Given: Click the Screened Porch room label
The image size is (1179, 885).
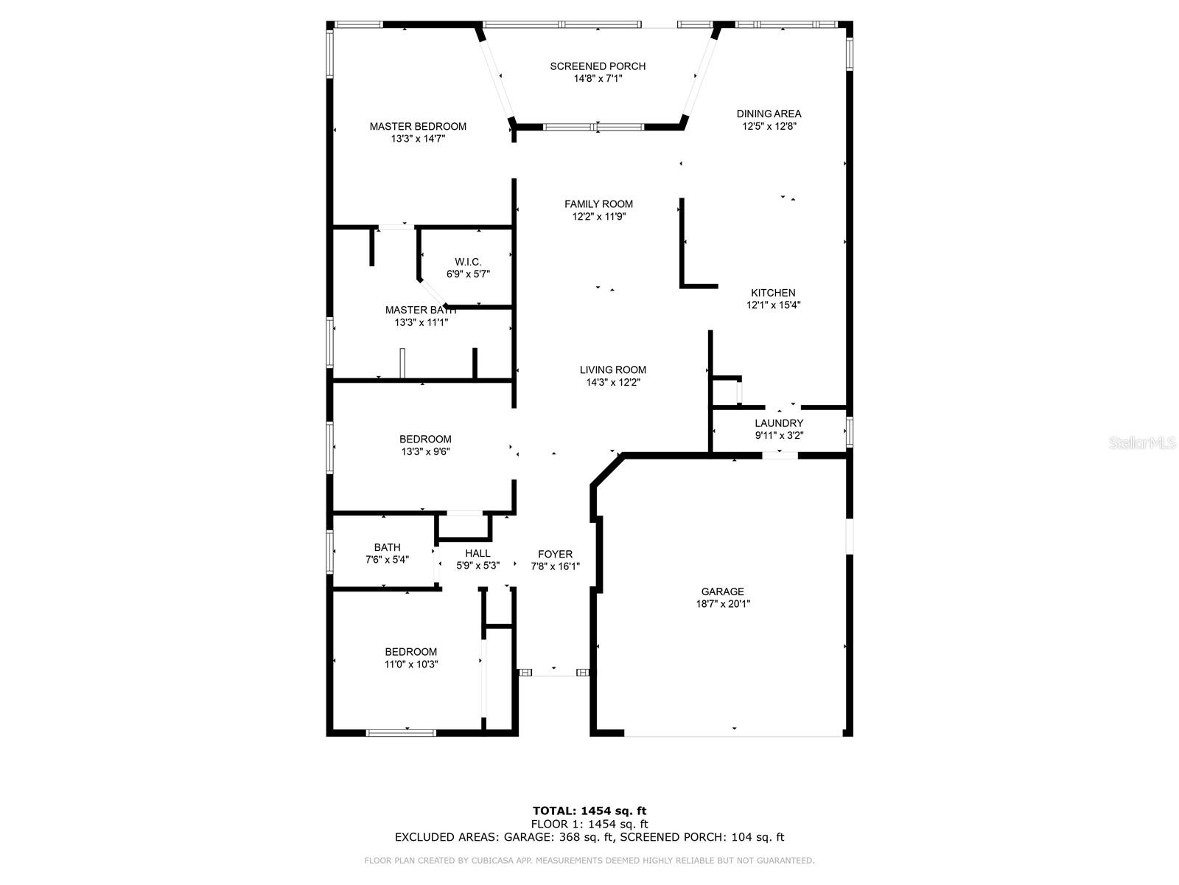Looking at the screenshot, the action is pos(598,66).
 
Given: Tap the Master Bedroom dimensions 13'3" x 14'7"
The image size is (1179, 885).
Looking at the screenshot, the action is pos(418,139).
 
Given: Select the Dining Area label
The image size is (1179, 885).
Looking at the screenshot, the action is pos(769,114).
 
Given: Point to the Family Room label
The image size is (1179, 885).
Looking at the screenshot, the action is pos(598,204).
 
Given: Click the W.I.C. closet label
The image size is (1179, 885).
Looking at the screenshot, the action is pos(468,262).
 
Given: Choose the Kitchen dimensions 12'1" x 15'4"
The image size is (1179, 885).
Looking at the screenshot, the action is pos(774,305).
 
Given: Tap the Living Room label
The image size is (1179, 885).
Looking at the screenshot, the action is pos(613,369).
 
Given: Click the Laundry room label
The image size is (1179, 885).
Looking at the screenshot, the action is pos(779,423).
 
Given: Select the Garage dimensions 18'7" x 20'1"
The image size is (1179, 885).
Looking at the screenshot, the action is pos(723,603).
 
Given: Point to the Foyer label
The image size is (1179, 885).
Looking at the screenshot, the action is pos(556,554).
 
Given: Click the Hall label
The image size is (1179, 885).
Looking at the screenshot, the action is pos(477,553).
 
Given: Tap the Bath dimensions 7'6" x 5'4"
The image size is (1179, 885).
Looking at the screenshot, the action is pos(388,559).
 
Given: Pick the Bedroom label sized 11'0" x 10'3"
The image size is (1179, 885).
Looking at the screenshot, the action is pos(411,652).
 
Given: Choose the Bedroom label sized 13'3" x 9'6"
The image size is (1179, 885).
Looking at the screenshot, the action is pos(425,439).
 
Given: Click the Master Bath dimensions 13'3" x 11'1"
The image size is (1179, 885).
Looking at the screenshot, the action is pos(421,322).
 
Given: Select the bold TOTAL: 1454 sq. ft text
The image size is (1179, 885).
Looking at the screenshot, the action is pos(589,811).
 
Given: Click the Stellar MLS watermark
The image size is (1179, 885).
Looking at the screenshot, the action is pos(1142,442).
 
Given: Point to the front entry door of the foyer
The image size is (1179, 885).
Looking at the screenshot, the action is pos(554,672).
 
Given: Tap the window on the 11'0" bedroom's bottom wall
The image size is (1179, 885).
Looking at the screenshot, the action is pos(401,732).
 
